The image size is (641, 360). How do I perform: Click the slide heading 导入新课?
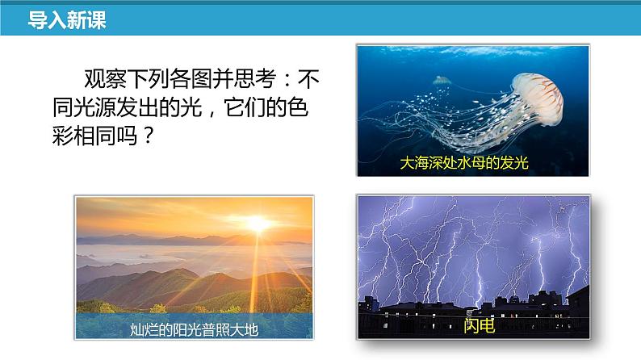click(x=67, y=19)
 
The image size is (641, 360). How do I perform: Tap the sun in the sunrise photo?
click(x=258, y=224)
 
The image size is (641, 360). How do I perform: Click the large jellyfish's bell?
click(x=538, y=98)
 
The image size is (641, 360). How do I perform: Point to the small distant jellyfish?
click(x=442, y=81)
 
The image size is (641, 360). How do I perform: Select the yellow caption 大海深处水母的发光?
click(x=464, y=162)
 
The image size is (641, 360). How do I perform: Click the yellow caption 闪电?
click(x=479, y=325)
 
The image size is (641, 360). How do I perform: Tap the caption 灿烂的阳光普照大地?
click(x=195, y=329)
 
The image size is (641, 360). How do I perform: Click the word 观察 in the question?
click(x=106, y=79)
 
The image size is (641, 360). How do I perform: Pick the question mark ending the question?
click(x=149, y=136)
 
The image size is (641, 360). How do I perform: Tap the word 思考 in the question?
click(x=254, y=79)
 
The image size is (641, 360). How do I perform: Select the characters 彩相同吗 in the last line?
click(x=94, y=136)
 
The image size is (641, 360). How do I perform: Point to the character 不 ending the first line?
click(x=308, y=79)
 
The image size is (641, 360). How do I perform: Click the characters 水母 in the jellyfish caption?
click(x=471, y=162)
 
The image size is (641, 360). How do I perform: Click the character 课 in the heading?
click(x=97, y=19)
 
